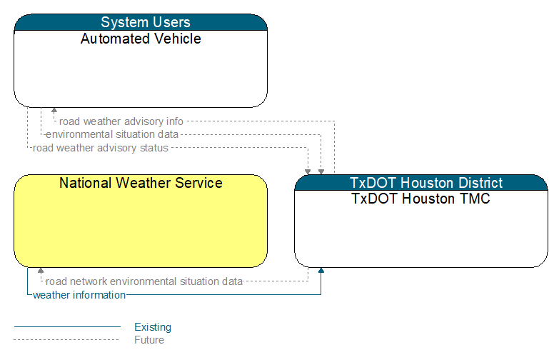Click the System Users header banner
point(141,22)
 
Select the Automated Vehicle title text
point(141,39)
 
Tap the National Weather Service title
point(141,183)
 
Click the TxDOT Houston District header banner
point(421,183)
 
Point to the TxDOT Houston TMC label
point(421,199)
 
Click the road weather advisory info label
point(121,121)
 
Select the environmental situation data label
point(112,134)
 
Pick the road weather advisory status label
point(100,148)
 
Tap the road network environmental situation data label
point(144,281)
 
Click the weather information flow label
point(79,295)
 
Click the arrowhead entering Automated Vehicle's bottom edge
point(54,110)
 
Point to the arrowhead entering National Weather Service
point(41,271)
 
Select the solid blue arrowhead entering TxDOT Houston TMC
point(321,271)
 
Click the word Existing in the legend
point(153,327)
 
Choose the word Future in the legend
point(149,340)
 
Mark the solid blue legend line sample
point(67,326)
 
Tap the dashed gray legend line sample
point(66,340)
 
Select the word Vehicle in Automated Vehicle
point(179,39)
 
